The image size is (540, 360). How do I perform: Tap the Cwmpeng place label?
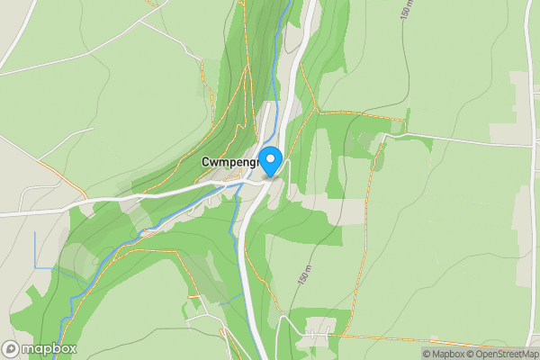tap(229, 162)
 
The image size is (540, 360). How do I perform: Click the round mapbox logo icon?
tap(12, 348)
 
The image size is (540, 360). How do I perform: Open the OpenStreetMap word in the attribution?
tap(506, 354)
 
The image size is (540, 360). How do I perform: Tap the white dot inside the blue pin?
tap(271, 157)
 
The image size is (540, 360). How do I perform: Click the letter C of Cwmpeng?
tap(206, 162)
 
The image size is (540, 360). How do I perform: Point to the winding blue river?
tap(135, 238)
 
